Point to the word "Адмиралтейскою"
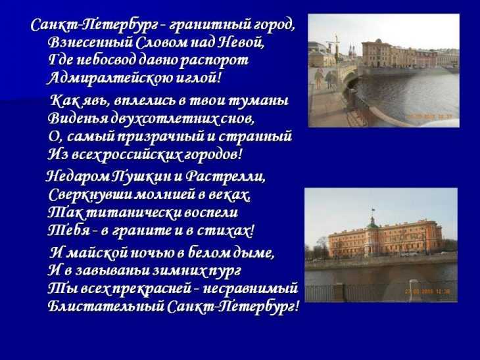(109, 78)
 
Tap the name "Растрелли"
(226, 177)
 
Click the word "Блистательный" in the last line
(107, 307)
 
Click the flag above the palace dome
(373, 210)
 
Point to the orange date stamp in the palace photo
(427, 292)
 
